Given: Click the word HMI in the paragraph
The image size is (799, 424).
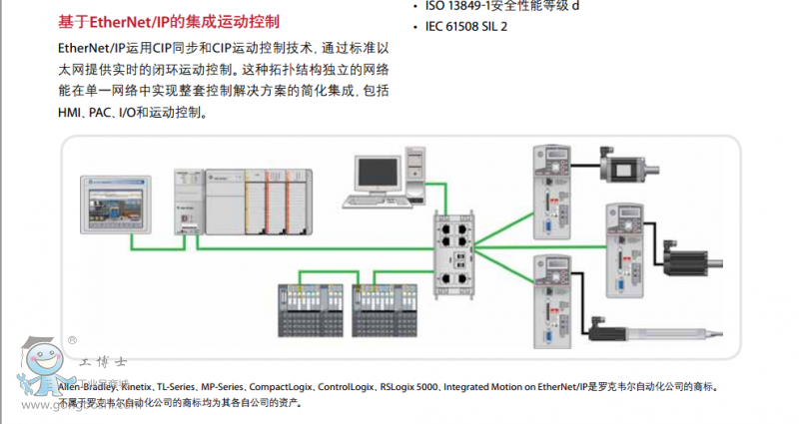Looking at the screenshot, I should (x=73, y=113).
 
